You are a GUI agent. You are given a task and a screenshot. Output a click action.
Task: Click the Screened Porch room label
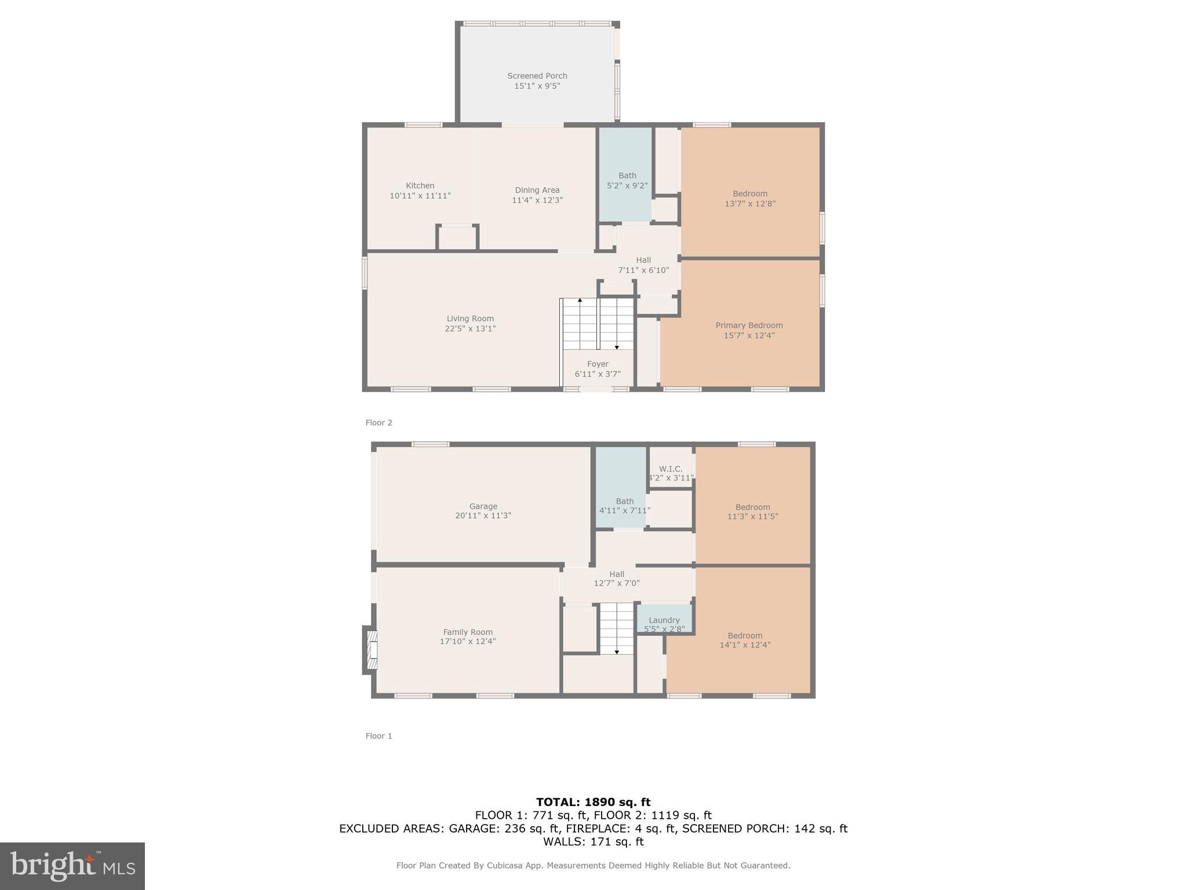pos(537,76)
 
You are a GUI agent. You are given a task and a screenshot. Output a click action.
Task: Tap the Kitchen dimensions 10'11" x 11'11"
pos(420,196)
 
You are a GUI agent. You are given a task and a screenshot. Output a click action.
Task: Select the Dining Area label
pos(537,190)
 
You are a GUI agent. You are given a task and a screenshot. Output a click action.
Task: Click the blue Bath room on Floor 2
pos(626,174)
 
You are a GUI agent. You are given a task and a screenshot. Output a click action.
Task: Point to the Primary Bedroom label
pos(749,326)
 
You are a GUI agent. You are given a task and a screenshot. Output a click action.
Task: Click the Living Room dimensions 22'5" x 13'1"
pos(469,329)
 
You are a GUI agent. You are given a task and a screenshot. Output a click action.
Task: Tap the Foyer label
pos(598,364)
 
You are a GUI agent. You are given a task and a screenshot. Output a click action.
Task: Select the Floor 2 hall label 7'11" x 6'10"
pos(643,270)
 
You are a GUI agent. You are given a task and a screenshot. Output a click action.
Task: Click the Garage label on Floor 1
pos(483,506)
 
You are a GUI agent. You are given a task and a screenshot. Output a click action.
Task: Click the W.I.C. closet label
pos(671,469)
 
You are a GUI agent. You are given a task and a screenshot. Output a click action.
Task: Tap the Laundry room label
pos(664,620)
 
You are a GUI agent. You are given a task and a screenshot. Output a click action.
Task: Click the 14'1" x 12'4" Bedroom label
pos(745,636)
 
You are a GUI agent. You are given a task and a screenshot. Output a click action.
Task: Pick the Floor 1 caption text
pos(378,736)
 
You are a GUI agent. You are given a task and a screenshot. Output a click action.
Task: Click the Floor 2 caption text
pos(378,422)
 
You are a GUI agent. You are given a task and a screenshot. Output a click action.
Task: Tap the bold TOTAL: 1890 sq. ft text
pos(593,802)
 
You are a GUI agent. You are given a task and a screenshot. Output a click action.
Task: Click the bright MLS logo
pos(72,866)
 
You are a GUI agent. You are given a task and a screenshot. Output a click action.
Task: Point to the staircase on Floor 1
pos(616,628)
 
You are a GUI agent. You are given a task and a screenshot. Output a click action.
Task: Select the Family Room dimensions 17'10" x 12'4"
pos(468,641)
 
